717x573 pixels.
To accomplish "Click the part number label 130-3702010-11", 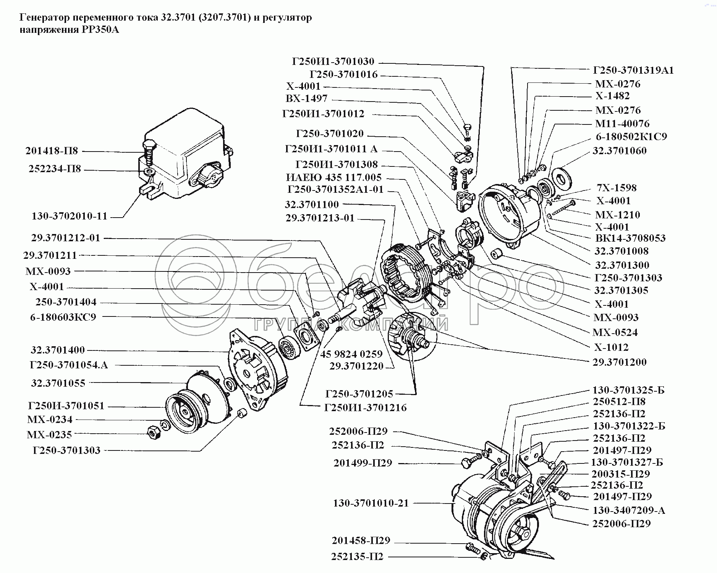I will click(x=70, y=216).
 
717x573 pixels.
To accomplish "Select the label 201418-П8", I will click(x=52, y=151).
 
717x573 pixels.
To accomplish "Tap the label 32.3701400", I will click(x=58, y=350).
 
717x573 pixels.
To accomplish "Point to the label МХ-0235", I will click(x=49, y=434).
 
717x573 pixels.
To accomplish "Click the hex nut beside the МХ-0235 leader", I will click(x=153, y=431).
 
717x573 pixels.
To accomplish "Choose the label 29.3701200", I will click(x=620, y=362).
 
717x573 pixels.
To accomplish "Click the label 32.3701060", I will click(x=620, y=151).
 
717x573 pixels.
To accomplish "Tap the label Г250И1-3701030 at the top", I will click(x=333, y=61).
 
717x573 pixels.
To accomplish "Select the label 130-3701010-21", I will click(x=371, y=503).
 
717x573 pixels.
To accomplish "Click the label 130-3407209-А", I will click(x=629, y=510).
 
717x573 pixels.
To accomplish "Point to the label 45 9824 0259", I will click(x=351, y=354).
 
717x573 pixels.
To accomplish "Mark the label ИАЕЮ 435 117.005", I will click(x=334, y=178).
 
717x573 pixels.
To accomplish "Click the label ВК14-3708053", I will click(x=631, y=238).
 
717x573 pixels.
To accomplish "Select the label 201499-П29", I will click(x=363, y=463).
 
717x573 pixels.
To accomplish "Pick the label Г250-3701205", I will click(x=359, y=394).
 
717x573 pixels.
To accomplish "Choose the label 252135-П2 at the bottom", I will click(x=358, y=557).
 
